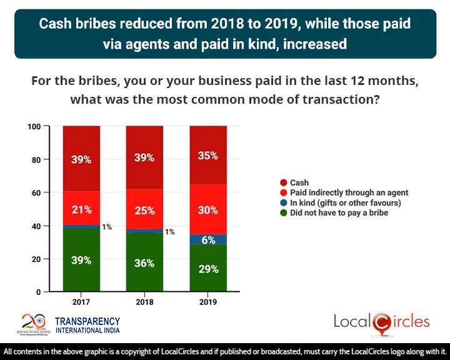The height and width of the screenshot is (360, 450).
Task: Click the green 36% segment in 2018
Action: pyautogui.click(x=144, y=262)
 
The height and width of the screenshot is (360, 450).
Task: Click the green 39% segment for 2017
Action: pyautogui.click(x=81, y=260)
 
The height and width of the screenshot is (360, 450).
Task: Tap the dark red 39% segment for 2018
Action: pyautogui.click(x=144, y=158)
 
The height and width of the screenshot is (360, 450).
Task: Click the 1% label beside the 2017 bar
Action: pyautogui.click(x=107, y=227)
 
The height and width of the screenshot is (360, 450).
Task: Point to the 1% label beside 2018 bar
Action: pyautogui.click(x=169, y=232)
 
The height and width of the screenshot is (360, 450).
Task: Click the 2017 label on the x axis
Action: pyautogui.click(x=81, y=302)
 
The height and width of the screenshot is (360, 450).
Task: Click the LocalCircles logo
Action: pyautogui.click(x=381, y=322)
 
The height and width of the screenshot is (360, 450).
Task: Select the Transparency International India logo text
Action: pyautogui.click(x=87, y=322)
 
